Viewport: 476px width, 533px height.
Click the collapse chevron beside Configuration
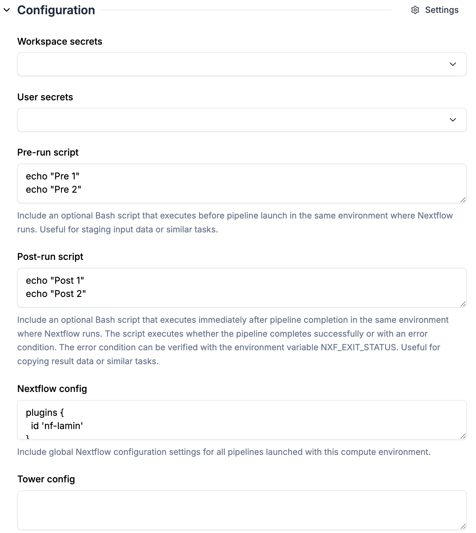pos(7,10)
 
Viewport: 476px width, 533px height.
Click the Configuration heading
pos(56,10)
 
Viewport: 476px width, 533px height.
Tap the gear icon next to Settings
pos(415,10)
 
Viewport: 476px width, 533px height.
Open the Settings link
pos(442,10)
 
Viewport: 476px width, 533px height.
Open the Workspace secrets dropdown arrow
pos(453,64)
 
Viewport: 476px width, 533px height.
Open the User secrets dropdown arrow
pos(453,120)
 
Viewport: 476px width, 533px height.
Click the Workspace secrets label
pos(59,41)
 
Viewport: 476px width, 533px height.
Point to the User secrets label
pos(45,97)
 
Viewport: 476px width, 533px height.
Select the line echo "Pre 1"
pos(53,176)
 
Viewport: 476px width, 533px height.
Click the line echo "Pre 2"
pos(54,189)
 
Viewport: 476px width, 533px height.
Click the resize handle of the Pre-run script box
pos(463,200)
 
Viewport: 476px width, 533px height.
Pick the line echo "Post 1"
pos(55,280)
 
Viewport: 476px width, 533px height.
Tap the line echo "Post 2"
pos(56,294)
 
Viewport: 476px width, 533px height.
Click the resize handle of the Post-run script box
pos(463,304)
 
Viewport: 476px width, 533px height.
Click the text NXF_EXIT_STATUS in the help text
pos(359,347)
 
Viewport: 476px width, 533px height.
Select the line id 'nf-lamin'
pos(57,426)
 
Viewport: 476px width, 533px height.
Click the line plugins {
pos(45,412)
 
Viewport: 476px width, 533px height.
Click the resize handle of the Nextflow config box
pos(463,436)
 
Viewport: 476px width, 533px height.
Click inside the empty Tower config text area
pos(242,510)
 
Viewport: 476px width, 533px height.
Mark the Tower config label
pos(46,479)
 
